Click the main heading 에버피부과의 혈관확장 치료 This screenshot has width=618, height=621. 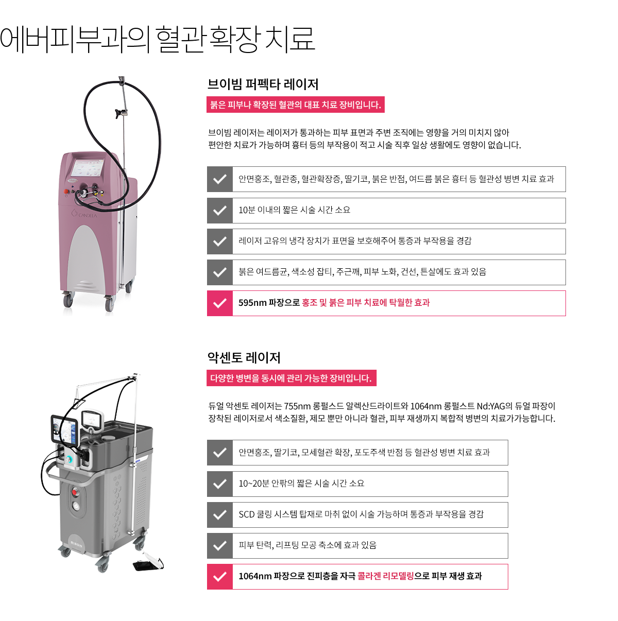click(157, 39)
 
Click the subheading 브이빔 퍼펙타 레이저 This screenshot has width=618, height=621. click(263, 84)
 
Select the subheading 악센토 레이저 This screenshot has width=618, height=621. click(244, 358)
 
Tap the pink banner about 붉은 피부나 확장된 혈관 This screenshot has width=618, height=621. click(295, 105)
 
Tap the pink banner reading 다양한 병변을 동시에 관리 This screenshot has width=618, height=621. click(291, 378)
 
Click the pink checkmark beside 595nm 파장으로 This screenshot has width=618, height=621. click(219, 303)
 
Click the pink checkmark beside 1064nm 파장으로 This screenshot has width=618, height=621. click(219, 577)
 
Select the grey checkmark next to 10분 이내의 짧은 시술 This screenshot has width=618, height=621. click(219, 211)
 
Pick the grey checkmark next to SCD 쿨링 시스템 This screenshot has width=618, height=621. click(219, 514)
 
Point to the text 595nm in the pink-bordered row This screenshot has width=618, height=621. click(252, 303)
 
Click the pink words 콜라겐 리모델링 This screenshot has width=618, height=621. click(385, 576)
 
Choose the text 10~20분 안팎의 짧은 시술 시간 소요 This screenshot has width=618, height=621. click(301, 484)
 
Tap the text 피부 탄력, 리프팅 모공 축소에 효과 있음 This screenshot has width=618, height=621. click(307, 545)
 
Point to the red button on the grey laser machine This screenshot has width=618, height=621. click(75, 492)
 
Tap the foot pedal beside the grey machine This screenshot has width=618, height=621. click(148, 562)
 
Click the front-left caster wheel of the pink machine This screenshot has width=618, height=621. click(68, 300)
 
